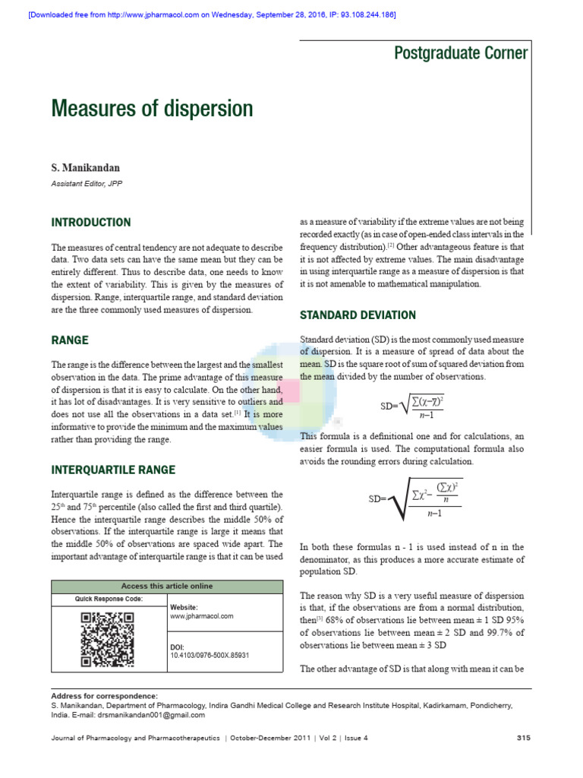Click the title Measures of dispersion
[152, 109]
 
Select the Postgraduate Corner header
[460, 52]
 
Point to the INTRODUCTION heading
[90, 223]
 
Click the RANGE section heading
[69, 340]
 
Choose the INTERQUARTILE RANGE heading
[113, 470]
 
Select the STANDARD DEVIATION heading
[358, 315]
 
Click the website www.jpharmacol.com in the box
[202, 616]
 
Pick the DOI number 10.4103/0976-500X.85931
[210, 655]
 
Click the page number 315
[523, 738]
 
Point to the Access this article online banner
[167, 586]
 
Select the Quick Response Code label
[109, 599]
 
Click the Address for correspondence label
[104, 695]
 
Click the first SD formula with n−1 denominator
[412, 406]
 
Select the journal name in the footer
[135, 738]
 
